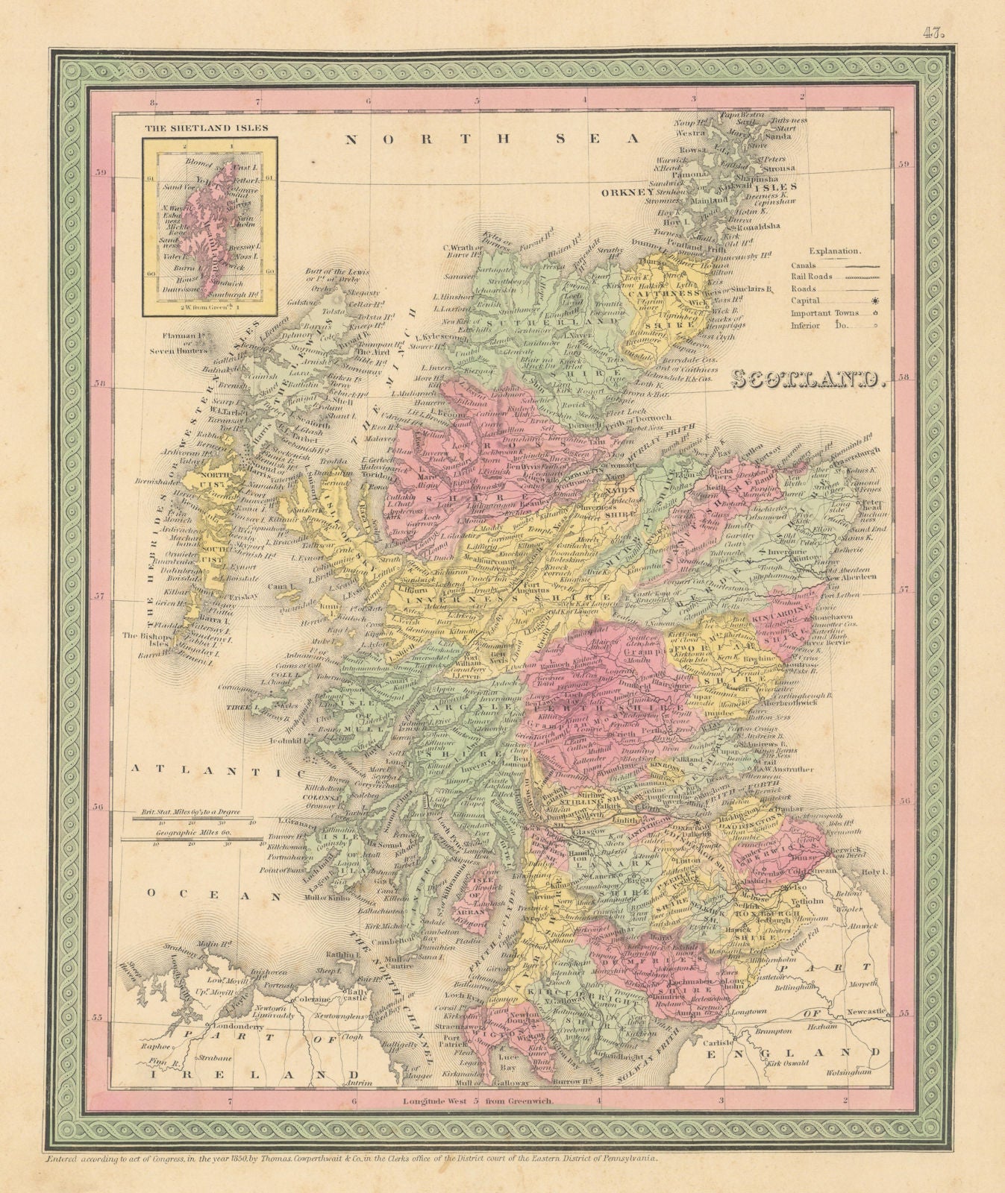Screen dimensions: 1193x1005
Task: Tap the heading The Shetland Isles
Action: pos(206,128)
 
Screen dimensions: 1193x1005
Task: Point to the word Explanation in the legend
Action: pos(836,252)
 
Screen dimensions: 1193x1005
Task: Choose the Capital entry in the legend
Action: pos(805,301)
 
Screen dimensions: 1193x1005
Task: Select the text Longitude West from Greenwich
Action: pos(484,1101)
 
